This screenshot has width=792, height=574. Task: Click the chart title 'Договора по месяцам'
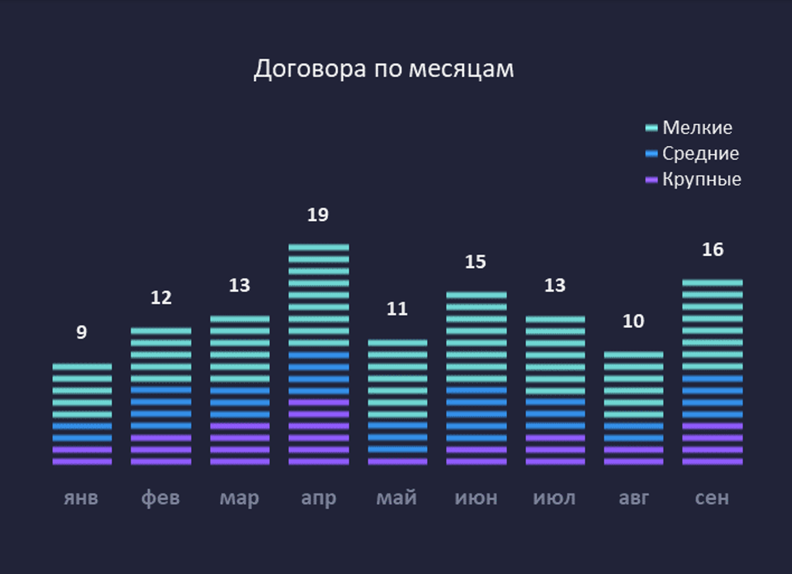(383, 69)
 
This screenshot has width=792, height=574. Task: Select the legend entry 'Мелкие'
(697, 127)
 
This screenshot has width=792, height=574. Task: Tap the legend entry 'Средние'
(700, 154)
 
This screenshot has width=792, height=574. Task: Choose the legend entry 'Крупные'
(702, 179)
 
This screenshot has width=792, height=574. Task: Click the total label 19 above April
(318, 215)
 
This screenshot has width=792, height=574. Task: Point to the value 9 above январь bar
(81, 333)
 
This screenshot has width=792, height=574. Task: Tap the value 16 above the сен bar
(713, 250)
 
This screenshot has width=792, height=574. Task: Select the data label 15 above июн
(475, 262)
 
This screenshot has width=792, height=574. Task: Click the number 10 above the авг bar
(634, 321)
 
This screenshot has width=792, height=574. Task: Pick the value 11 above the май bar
(397, 309)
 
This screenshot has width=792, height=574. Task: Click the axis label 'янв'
(81, 497)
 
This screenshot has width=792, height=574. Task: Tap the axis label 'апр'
(318, 497)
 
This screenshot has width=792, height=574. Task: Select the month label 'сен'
(712, 497)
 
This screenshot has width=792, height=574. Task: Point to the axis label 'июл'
(554, 497)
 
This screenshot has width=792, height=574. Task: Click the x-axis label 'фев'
(160, 497)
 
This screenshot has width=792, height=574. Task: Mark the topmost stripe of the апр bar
(319, 247)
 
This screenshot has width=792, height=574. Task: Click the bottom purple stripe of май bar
(397, 461)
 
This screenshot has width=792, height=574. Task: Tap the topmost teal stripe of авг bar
(634, 355)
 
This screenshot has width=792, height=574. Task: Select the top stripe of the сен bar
(712, 282)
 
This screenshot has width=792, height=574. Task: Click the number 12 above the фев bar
(160, 298)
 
